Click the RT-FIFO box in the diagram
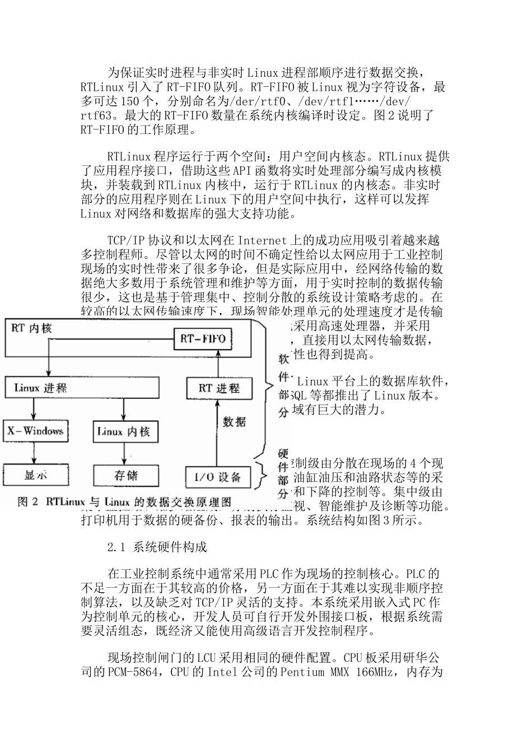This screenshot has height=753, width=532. (203, 339)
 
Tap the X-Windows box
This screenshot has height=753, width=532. (35, 431)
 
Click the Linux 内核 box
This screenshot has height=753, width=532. (124, 431)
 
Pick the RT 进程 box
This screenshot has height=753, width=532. (219, 388)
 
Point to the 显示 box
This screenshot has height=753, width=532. (35, 475)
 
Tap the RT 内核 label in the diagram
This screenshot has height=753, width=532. (31, 328)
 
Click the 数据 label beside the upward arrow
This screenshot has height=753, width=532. (234, 421)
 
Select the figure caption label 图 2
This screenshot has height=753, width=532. (27, 502)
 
